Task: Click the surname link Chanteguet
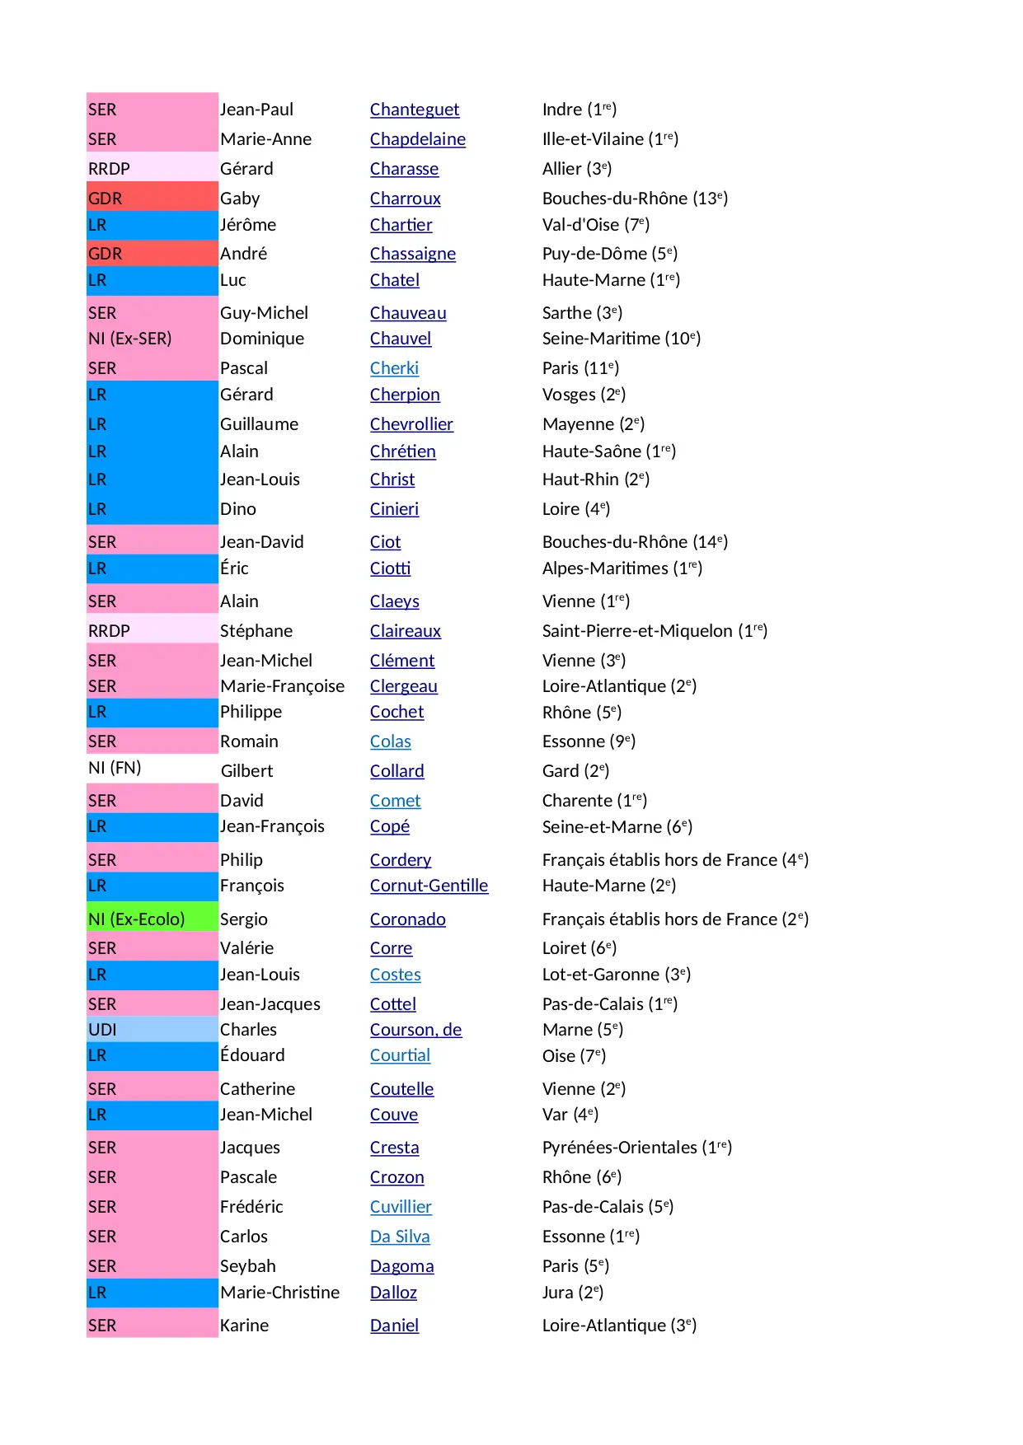pyautogui.click(x=414, y=110)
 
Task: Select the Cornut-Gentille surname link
pyautogui.click(x=429, y=886)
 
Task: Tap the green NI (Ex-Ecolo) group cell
pyautogui.click(x=152, y=919)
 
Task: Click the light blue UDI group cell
pyautogui.click(x=152, y=1030)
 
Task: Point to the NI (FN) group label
pyautogui.click(x=115, y=768)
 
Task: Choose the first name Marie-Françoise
pyautogui.click(x=282, y=686)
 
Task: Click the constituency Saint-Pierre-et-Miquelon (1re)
pyautogui.click(x=655, y=631)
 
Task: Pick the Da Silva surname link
pyautogui.click(x=400, y=1237)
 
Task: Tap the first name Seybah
pyautogui.click(x=247, y=1266)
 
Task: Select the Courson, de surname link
pyautogui.click(x=415, y=1030)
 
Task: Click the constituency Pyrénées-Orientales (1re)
pyautogui.click(x=636, y=1148)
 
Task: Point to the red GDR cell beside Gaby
pyautogui.click(x=152, y=199)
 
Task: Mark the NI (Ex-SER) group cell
pyautogui.click(x=152, y=339)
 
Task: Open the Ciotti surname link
pyautogui.click(x=390, y=568)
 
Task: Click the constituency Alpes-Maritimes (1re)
pyautogui.click(x=622, y=568)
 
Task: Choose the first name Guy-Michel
pyautogui.click(x=264, y=313)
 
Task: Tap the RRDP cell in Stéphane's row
pyautogui.click(x=152, y=631)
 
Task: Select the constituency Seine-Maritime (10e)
pyautogui.click(x=621, y=339)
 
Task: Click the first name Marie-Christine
pyautogui.click(x=279, y=1293)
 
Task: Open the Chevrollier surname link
pyautogui.click(x=411, y=424)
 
